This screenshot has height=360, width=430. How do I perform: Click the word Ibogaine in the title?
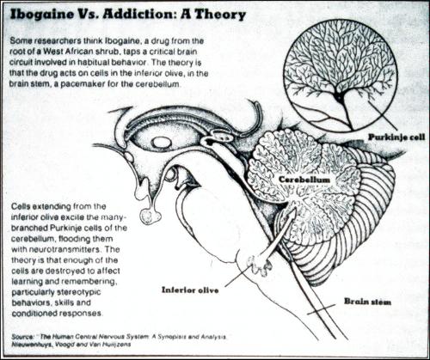point(42,15)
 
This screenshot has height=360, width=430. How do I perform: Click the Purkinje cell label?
point(396,137)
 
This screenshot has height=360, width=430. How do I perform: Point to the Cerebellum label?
point(304,180)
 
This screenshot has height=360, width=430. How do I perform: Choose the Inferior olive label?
point(190,290)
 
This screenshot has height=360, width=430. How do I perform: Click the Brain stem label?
point(367,302)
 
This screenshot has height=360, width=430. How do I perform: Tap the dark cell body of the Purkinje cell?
point(340,99)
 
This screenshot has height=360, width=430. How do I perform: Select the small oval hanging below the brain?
point(150,217)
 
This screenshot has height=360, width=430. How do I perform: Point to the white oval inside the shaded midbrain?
point(161,143)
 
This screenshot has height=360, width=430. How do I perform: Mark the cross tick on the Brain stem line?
point(321,310)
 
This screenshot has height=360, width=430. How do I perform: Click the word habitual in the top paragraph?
point(87,63)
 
